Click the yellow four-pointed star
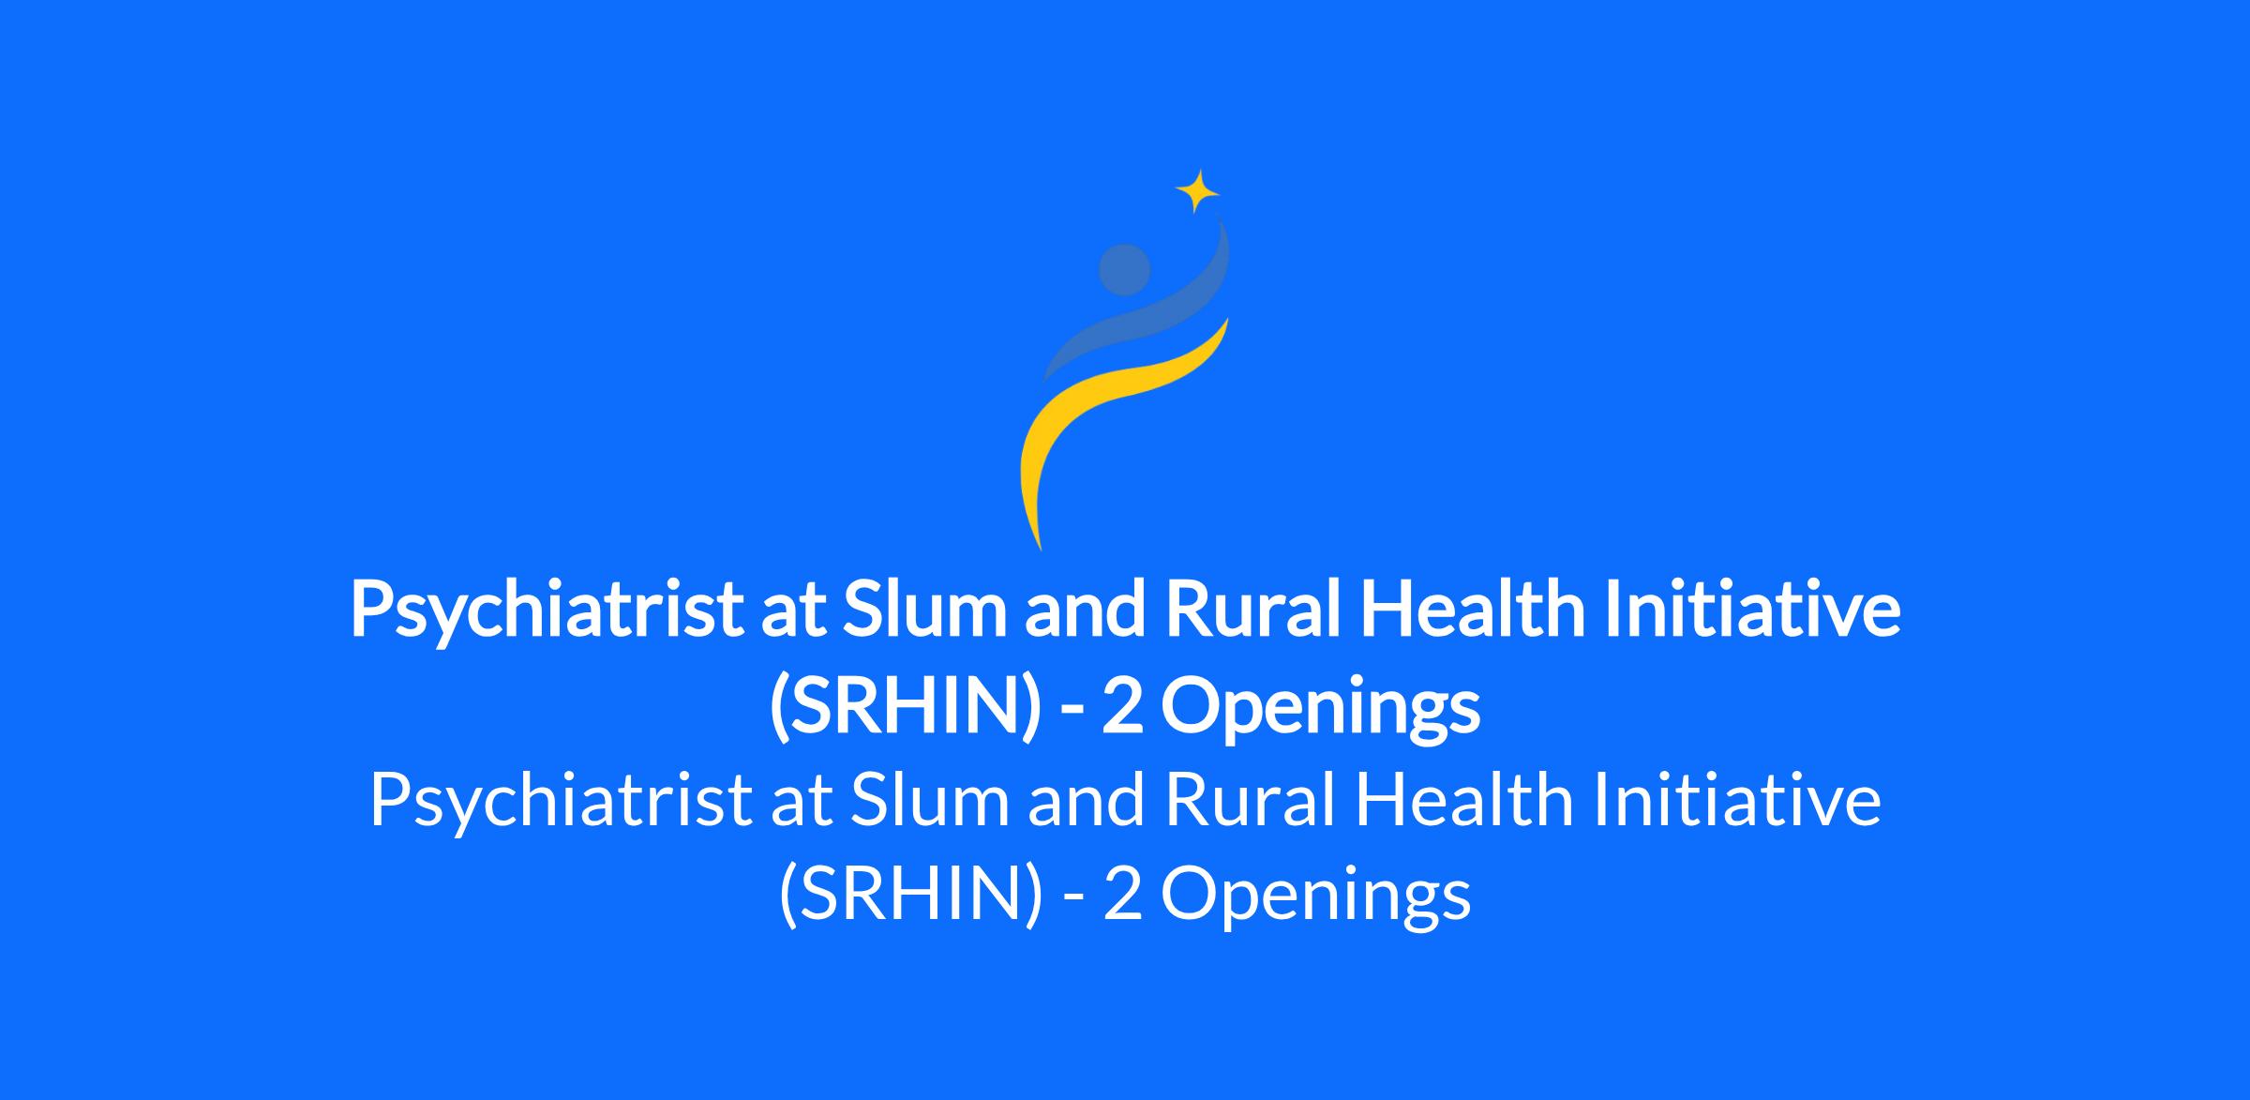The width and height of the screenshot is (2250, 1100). point(1197,192)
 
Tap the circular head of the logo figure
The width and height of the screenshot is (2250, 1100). point(1124,270)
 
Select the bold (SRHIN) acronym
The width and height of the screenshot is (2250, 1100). point(905,708)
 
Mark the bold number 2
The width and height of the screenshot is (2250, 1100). point(1121,706)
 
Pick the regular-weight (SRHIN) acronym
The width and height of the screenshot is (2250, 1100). point(910,897)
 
